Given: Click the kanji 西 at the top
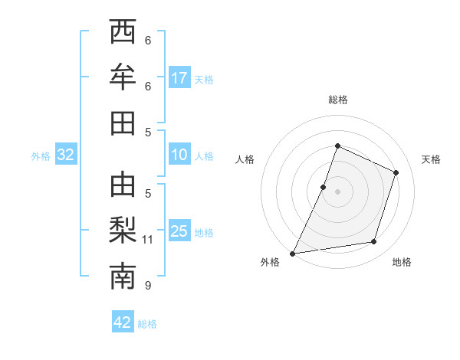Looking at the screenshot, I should (123, 32).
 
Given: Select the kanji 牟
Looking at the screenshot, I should (123, 77).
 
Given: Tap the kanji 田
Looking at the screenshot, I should (123, 123).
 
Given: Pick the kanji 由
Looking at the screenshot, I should (123, 185).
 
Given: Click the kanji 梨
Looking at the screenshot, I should (123, 231).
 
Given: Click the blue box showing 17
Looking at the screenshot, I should (179, 78).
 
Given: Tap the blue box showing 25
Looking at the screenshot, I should (179, 231).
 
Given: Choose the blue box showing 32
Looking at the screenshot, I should (66, 155).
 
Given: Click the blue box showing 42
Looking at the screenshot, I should (123, 322).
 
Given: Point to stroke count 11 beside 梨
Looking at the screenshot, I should (148, 240).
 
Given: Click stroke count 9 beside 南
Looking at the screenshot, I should (148, 286).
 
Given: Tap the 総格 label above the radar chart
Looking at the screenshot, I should (338, 100).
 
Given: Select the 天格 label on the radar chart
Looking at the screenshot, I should (431, 159).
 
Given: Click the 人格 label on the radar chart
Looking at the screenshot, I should (245, 159).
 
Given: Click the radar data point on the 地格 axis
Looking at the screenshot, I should (374, 242).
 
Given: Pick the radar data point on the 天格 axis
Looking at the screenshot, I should (396, 172).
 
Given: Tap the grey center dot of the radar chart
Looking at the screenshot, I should (338, 191).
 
